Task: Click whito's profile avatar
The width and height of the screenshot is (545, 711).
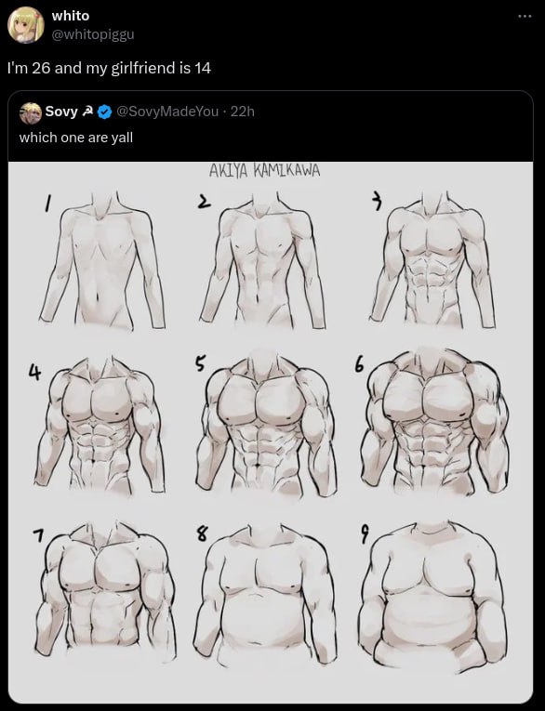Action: [26, 25]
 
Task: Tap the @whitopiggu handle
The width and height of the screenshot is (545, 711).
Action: [93, 34]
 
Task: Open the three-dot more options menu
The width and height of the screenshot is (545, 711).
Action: [525, 17]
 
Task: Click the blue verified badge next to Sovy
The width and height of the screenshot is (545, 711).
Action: [105, 112]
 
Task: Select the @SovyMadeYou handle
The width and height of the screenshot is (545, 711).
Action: [167, 112]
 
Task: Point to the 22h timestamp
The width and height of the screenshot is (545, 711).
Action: [243, 112]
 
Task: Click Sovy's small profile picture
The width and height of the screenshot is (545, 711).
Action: [31, 112]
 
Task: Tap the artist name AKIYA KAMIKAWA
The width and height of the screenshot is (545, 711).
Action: [264, 170]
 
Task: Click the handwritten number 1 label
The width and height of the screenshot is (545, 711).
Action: [47, 204]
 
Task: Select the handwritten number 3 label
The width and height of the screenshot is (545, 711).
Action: [376, 202]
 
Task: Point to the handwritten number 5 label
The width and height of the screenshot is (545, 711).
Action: [201, 362]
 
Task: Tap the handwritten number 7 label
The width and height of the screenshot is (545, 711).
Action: [39, 536]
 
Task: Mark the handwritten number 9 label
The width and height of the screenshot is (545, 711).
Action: [365, 533]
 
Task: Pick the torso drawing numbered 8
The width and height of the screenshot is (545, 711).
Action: [265, 594]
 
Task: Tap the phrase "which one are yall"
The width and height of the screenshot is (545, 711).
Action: [75, 138]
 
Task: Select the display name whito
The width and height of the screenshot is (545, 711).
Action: [71, 16]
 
